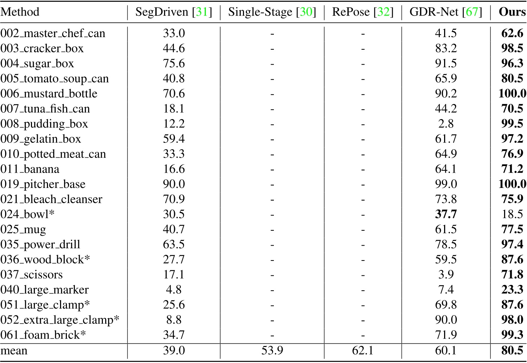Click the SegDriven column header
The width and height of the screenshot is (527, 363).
173,12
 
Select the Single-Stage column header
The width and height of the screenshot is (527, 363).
272,12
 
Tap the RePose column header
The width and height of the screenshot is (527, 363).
363,12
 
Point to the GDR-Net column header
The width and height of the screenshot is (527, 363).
446,12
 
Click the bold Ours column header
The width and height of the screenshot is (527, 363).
512,12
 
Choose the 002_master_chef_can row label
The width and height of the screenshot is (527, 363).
53,33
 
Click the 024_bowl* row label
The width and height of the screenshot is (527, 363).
27,214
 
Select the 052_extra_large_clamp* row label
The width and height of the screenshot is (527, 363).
60,320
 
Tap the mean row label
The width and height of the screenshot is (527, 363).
14,351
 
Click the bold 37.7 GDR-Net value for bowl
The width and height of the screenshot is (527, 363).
446,214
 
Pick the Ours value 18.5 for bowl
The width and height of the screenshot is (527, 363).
512,214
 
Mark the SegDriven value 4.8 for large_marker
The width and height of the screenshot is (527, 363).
174,290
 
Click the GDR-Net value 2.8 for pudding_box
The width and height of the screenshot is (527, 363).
446,124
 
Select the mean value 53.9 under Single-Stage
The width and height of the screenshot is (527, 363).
272,351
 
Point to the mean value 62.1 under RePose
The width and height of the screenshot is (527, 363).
363,351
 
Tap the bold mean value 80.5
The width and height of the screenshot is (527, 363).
512,351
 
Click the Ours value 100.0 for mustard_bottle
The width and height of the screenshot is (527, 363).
512,94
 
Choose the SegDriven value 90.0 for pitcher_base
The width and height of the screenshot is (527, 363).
174,184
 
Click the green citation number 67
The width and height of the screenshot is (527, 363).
472,12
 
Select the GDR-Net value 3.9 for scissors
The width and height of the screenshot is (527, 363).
446,275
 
